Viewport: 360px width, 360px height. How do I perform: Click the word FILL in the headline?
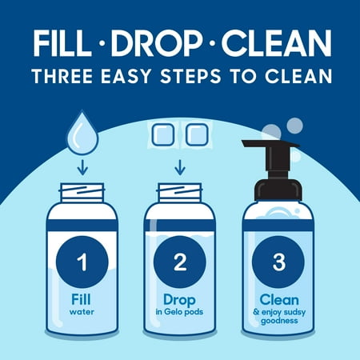pos(61,43)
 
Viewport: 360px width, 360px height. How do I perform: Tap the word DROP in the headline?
pos(157,43)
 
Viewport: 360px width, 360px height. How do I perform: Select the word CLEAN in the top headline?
pos(276,43)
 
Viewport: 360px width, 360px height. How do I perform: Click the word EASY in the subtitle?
pos(126,76)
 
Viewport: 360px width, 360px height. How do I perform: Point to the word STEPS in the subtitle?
pos(190,76)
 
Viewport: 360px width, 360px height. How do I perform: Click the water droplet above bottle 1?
pos(82,133)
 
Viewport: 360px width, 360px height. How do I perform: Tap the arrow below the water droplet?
pos(82,167)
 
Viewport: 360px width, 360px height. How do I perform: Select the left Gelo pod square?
pos(163,134)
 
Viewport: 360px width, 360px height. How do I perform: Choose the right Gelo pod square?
pos(197,134)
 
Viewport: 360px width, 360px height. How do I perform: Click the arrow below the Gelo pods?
pos(180,167)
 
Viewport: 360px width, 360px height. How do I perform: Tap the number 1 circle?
pos(82,262)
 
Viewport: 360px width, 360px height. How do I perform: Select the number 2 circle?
pos(180,262)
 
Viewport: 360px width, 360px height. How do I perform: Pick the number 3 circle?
pos(278,262)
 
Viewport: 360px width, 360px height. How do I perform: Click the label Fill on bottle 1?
pos(81,299)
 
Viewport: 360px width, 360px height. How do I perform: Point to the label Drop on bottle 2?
pos(179,301)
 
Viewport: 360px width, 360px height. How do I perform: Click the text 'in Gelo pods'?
pos(179,312)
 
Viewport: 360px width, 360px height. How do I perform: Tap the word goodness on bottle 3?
pos(279,321)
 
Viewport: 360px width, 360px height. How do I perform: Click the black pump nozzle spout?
pos(270,143)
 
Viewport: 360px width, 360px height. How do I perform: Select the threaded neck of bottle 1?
pos(82,193)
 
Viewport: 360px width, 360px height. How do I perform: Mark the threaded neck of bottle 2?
pos(179,193)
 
